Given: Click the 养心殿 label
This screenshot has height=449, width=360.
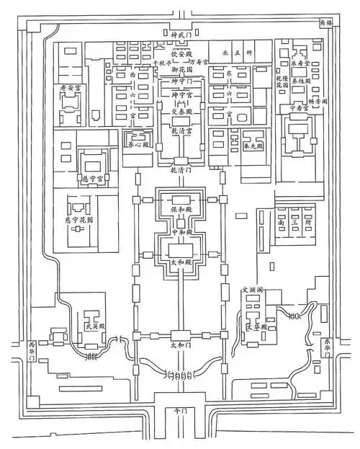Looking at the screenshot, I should tap(137, 144).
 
